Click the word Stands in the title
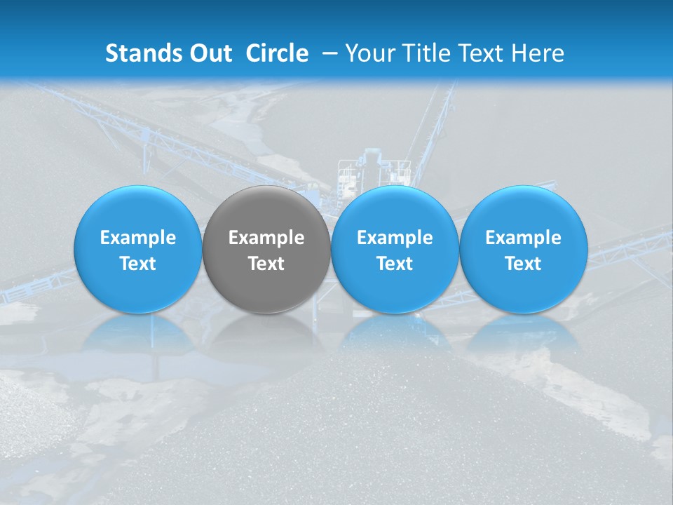[144, 53]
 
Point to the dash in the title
[329, 53]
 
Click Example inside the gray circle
[266, 238]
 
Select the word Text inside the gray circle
[266, 264]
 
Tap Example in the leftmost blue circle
[138, 238]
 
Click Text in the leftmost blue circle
[138, 264]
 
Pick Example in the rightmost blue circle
[523, 238]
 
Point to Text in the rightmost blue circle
[523, 264]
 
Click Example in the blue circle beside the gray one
[395, 238]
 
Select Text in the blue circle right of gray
[395, 264]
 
